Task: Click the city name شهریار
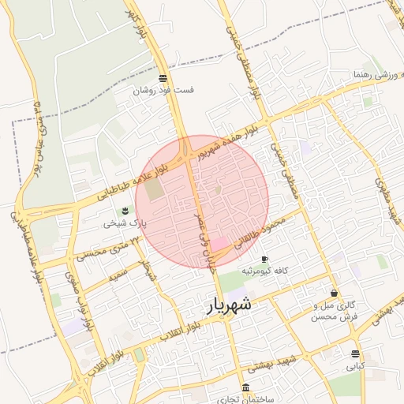pos(229,305)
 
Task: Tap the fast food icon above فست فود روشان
pos(163,78)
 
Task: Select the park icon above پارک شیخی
pos(124,210)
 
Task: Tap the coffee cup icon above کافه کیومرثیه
pos(264,259)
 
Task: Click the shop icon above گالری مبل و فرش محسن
pos(335,293)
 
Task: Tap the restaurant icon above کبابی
pos(355,353)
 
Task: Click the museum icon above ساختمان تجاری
pos(246,388)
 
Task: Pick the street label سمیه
pos(119,279)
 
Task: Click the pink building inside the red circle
pos(218,245)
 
